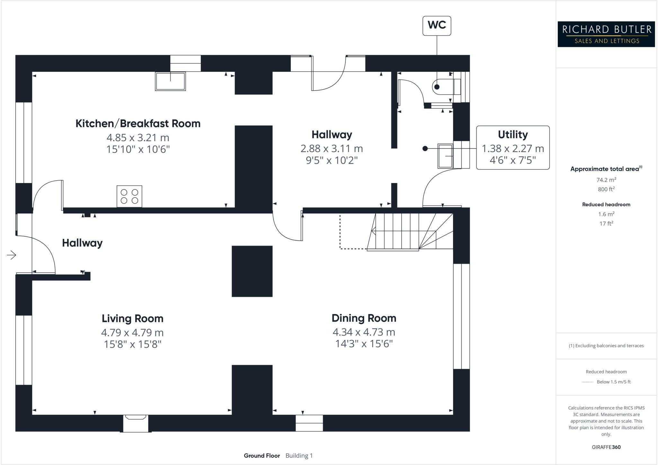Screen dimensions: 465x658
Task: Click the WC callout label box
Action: tap(437, 25)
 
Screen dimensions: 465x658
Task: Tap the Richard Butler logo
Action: tap(606, 34)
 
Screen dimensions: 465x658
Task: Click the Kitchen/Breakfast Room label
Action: tap(138, 123)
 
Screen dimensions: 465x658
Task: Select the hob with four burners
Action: tap(129, 196)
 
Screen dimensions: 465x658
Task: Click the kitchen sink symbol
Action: tap(170, 81)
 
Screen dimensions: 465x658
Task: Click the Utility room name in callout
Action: tap(512, 134)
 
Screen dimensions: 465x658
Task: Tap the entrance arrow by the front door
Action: tap(12, 255)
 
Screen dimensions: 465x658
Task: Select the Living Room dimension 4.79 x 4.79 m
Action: tap(132, 332)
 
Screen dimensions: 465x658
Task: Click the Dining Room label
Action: tap(364, 318)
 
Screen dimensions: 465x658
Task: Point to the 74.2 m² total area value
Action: tap(606, 180)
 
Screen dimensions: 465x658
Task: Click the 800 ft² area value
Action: tap(606, 189)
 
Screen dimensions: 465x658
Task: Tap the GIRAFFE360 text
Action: tap(606, 447)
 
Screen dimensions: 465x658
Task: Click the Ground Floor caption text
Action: tap(262, 456)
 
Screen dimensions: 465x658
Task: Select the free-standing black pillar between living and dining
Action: tap(252, 271)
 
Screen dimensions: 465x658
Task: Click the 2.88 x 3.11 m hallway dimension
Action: tap(332, 149)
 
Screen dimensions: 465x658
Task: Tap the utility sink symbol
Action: tap(445, 156)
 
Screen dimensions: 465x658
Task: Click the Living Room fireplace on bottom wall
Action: tap(136, 423)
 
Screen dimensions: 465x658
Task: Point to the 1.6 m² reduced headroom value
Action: tap(606, 214)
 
